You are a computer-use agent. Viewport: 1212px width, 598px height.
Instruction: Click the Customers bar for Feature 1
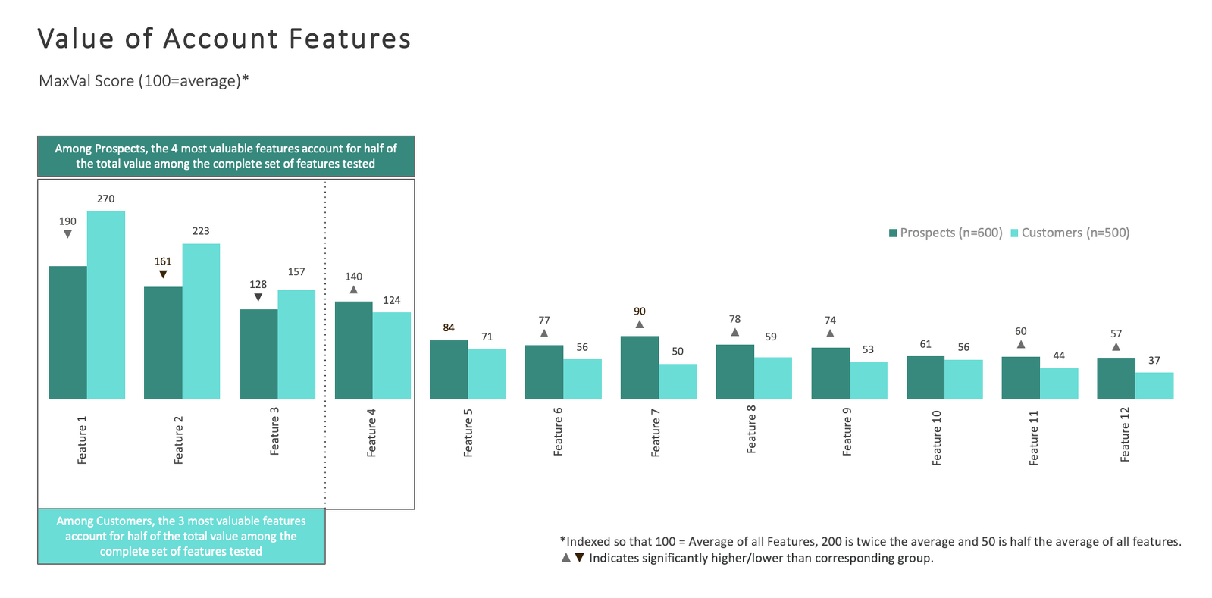pyautogui.click(x=106, y=305)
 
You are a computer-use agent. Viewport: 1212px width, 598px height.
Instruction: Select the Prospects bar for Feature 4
pyautogui.click(x=353, y=350)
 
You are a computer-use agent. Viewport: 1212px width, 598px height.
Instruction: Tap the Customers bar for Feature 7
pyautogui.click(x=678, y=381)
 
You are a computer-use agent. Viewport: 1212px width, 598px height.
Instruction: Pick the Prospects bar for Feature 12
pyautogui.click(x=1116, y=378)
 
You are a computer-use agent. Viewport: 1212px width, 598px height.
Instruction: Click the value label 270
pyautogui.click(x=105, y=199)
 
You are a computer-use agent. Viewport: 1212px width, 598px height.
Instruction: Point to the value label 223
pyautogui.click(x=201, y=231)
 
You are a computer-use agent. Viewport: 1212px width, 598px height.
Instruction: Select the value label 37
pyautogui.click(x=1154, y=361)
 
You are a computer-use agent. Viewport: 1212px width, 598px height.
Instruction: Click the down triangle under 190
pyautogui.click(x=67, y=234)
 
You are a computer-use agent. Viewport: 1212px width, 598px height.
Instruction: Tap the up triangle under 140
pyautogui.click(x=353, y=290)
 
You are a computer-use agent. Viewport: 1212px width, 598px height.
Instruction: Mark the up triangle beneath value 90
pyautogui.click(x=640, y=324)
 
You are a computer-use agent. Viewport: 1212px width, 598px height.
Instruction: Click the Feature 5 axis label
pyautogui.click(x=468, y=433)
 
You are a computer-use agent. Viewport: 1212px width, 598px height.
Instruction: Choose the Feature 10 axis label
pyautogui.click(x=937, y=437)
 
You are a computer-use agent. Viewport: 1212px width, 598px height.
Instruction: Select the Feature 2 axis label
pyautogui.click(x=179, y=440)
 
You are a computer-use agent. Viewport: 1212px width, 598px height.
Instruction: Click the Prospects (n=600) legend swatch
pyautogui.click(x=893, y=233)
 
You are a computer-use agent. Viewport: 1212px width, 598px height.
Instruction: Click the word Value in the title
pyautogui.click(x=76, y=39)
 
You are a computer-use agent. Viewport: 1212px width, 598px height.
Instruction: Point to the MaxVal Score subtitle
pyautogui.click(x=144, y=80)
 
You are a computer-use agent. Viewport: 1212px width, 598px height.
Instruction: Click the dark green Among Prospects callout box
pyautogui.click(x=226, y=156)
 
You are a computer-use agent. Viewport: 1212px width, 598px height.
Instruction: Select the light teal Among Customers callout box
pyautogui.click(x=181, y=536)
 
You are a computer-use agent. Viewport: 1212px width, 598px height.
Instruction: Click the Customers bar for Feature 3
pyautogui.click(x=296, y=344)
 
